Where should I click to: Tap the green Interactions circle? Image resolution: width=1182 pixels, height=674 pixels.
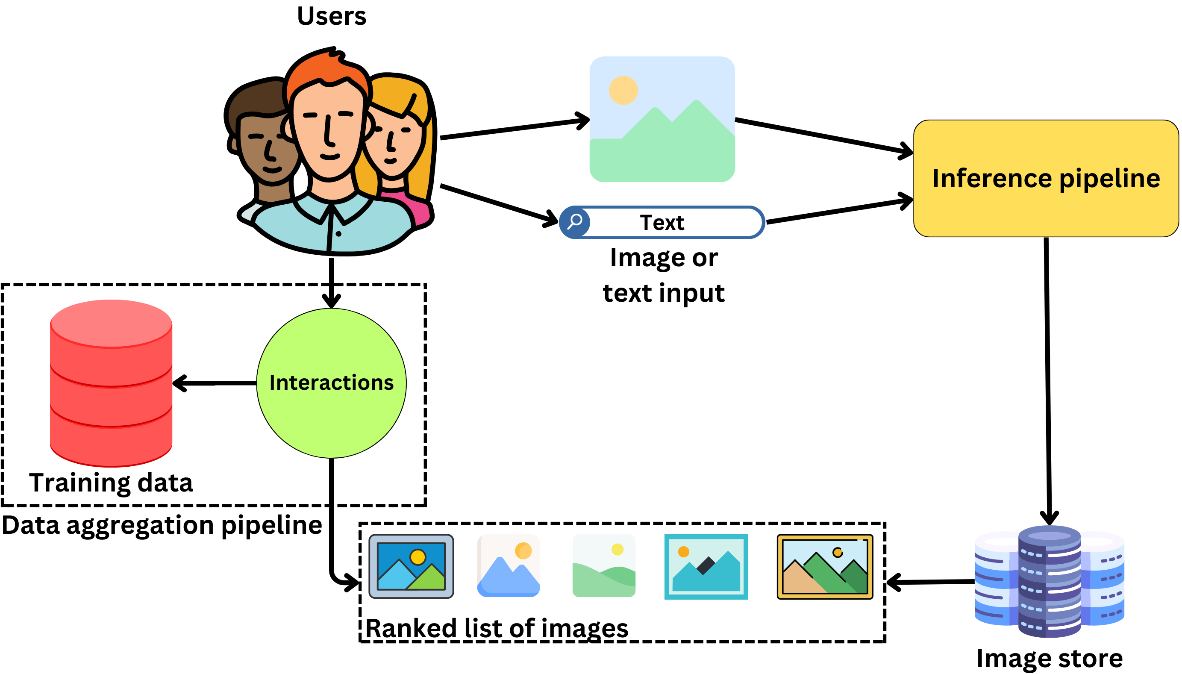[x=331, y=383]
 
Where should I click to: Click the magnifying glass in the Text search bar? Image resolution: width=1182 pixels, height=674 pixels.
[x=575, y=222]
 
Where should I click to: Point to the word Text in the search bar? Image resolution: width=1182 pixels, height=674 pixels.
[x=662, y=223]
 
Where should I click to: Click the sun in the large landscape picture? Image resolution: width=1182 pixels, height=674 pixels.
[x=623, y=90]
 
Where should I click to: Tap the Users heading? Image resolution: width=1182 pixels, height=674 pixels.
[x=331, y=16]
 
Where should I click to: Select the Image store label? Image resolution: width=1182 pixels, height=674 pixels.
[x=1049, y=658]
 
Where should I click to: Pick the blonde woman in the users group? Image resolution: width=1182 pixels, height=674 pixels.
[x=398, y=139]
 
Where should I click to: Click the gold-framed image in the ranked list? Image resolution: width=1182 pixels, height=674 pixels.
[x=825, y=567]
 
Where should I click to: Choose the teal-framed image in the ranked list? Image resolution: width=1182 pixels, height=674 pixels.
[x=706, y=567]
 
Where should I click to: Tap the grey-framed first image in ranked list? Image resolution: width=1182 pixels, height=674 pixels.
[x=411, y=567]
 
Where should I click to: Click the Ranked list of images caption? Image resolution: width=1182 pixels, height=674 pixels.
[x=497, y=628]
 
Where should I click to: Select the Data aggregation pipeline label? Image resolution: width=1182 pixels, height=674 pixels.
[x=162, y=525]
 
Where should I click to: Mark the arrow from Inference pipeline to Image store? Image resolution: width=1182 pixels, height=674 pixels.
[x=1047, y=380]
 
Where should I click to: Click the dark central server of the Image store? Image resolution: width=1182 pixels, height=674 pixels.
[x=1049, y=581]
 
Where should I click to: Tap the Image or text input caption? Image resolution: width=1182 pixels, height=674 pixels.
[x=663, y=275]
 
